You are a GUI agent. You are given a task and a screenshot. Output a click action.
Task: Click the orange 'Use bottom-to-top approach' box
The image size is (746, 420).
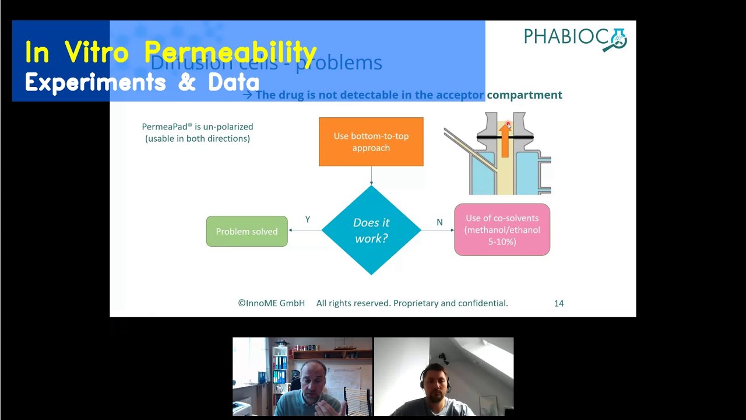point(371,142)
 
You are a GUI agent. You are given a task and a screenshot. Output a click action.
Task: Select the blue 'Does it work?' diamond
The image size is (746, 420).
point(371,230)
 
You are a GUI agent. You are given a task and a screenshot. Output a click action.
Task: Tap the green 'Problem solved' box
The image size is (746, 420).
point(247,232)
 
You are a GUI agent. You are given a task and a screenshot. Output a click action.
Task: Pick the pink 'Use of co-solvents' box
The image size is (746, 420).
point(502,230)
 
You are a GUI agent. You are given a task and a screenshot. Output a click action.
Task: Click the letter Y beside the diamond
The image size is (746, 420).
point(308,219)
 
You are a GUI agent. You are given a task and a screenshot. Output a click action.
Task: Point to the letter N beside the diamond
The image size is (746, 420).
point(439,222)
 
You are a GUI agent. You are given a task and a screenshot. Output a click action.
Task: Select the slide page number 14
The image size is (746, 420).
point(558,303)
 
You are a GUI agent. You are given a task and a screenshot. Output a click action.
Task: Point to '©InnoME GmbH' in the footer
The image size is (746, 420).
point(271,303)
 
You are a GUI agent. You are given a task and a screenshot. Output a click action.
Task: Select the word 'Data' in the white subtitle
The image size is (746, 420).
point(233,83)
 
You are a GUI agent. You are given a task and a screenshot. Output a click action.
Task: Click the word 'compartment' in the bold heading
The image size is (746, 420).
point(525,95)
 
